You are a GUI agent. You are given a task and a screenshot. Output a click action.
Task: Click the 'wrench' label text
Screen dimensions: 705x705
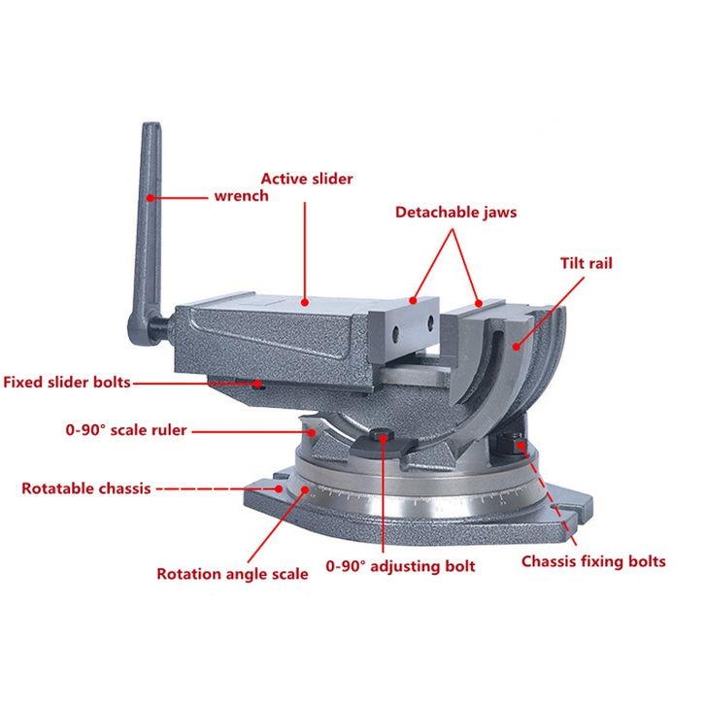coord(241,195)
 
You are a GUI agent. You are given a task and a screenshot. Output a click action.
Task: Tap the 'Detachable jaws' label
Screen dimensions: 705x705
coord(455,211)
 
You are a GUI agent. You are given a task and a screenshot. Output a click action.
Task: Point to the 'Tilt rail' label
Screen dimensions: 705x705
coord(586,263)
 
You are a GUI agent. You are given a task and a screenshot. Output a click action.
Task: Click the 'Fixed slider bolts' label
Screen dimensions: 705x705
coord(66,383)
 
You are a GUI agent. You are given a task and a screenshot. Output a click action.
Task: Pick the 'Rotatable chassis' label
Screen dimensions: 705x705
coord(85,488)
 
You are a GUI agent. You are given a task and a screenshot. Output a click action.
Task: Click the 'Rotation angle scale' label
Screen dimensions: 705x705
coord(232,574)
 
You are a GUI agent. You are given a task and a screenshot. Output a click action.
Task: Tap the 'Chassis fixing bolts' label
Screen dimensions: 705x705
coord(593,561)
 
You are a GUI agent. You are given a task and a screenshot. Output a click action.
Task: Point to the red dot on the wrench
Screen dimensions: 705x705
coord(151,196)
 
